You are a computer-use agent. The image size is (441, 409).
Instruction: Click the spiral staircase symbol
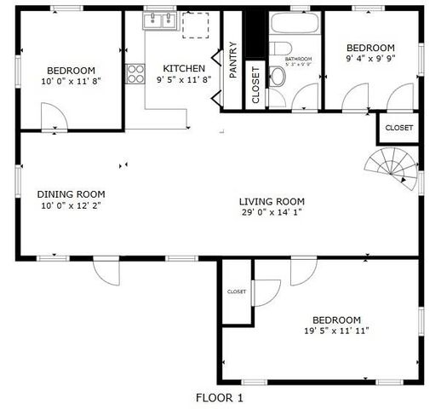click(x=390, y=164)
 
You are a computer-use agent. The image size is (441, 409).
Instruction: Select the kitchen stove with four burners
click(x=135, y=73)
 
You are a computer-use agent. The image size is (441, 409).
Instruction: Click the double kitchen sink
click(x=159, y=22)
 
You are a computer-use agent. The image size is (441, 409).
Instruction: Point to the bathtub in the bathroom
click(x=295, y=23)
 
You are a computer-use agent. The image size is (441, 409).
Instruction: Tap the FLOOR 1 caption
click(x=220, y=397)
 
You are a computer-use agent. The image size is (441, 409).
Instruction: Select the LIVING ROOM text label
click(x=272, y=201)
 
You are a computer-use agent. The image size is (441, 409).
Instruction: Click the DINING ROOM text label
click(x=72, y=194)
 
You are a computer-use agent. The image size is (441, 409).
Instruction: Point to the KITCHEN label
click(x=184, y=68)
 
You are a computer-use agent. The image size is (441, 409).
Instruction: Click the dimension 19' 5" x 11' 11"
click(x=336, y=331)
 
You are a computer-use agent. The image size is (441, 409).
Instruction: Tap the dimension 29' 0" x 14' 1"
click(x=272, y=213)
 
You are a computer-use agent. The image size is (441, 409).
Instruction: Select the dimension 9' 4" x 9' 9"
click(x=371, y=59)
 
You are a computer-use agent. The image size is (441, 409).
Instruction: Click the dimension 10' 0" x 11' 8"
click(x=72, y=82)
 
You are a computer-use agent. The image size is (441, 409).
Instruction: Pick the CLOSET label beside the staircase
click(x=398, y=128)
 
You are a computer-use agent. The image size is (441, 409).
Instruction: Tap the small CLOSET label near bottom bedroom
click(x=237, y=291)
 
